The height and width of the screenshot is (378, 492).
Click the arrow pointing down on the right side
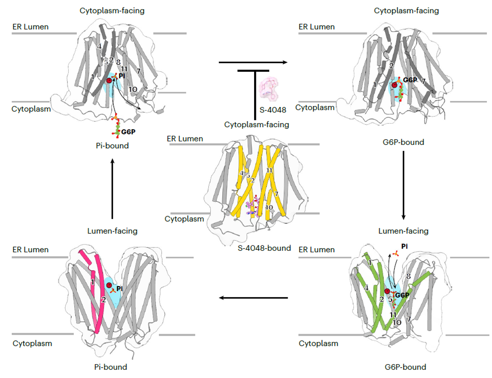[x=404, y=185]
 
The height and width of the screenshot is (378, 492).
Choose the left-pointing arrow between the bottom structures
[x=253, y=298]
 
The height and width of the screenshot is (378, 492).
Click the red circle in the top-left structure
[x=109, y=80]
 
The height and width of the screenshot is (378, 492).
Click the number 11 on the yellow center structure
[x=269, y=171]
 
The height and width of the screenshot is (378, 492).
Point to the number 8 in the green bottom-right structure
[x=408, y=277]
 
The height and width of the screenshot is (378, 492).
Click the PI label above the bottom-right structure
[x=404, y=246]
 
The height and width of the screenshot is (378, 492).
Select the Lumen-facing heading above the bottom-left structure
[x=112, y=231]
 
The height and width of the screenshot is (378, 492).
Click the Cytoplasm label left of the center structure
[x=184, y=219]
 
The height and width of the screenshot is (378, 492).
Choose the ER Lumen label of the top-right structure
[x=316, y=27]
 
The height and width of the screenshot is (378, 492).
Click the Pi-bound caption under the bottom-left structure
[x=111, y=367]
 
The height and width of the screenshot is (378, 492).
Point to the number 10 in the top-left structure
[x=133, y=89]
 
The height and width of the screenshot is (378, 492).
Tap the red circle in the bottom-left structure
[x=109, y=285]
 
